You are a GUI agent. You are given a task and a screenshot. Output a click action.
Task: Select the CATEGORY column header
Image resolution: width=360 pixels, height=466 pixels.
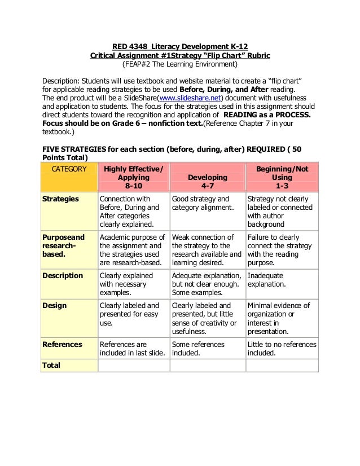click(69, 169)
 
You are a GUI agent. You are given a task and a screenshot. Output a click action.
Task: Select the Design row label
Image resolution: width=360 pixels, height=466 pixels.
click(55, 306)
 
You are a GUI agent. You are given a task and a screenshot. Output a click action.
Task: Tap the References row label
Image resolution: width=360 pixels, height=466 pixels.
click(63, 344)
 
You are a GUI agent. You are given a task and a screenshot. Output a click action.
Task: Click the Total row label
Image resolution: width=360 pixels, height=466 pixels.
click(52, 365)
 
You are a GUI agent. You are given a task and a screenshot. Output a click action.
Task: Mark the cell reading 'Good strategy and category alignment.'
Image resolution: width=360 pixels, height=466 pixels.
click(207, 203)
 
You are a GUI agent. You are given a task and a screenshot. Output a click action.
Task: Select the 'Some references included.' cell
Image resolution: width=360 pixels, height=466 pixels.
click(207, 349)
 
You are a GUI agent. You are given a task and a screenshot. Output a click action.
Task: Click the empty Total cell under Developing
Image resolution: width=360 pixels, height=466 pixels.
click(207, 366)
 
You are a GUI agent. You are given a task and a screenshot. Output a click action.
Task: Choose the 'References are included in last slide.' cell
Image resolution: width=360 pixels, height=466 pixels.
click(133, 349)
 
